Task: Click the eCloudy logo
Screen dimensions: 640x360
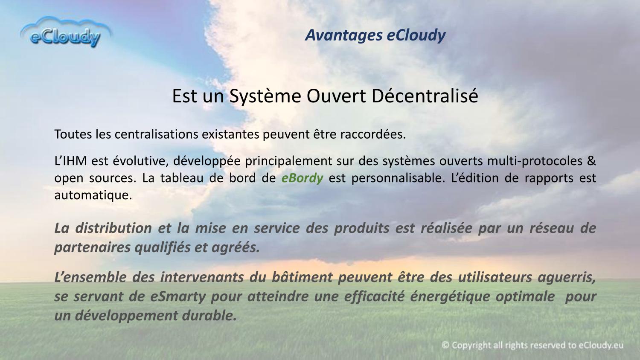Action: (x=66, y=32)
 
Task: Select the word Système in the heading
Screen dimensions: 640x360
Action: (x=265, y=96)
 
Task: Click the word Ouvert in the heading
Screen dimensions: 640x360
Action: (x=336, y=96)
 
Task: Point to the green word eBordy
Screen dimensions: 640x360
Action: (x=302, y=178)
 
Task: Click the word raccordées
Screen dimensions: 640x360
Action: (x=373, y=134)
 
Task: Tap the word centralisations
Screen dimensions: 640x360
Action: (x=156, y=134)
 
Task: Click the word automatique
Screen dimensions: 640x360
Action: (x=93, y=195)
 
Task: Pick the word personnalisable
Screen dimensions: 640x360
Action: (x=398, y=178)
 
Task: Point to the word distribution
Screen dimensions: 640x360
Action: (x=113, y=228)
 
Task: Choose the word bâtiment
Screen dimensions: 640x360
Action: (x=302, y=277)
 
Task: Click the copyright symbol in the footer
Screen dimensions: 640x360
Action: (x=445, y=345)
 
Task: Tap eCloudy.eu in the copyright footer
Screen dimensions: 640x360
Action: (x=601, y=345)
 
